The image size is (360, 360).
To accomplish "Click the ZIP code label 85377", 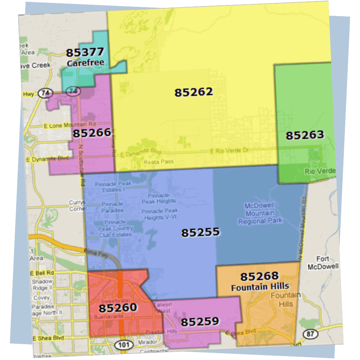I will coord(85,53).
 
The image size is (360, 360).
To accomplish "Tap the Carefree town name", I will coord(85,63).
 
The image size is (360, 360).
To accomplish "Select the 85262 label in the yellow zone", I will coord(194,92).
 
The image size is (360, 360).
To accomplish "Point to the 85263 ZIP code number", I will coord(305,135).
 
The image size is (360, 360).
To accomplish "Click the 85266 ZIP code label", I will coord(92,133).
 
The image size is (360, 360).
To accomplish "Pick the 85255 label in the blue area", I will coord(200,232).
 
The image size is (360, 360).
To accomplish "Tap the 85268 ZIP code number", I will coord(260,276).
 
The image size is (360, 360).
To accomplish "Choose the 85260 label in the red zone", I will coord(118,308).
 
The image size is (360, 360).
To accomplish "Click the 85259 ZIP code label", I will coord(200,321).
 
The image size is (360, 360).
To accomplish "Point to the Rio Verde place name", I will coord(320,171).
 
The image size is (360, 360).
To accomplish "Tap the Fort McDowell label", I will coord(323,263).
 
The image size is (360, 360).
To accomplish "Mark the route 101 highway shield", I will coord(121,345).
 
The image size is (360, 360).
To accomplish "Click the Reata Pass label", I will coord(158,162).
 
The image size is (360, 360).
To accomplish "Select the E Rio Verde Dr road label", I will coord(230,151).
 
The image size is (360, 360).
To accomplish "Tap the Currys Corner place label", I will coord(77,205).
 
